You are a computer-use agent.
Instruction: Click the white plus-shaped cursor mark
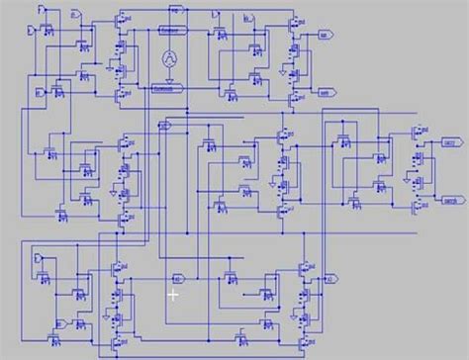pos(173,294)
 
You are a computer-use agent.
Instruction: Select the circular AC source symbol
pos(169,59)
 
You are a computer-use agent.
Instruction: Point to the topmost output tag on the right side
pos(324,34)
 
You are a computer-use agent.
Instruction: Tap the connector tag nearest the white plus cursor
pos(179,278)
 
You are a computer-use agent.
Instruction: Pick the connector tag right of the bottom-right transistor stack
pos(329,278)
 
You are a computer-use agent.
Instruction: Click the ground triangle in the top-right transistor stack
pos(282,71)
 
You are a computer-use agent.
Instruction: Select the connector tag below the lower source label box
pos(165,126)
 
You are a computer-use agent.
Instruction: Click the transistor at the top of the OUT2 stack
pos(417,130)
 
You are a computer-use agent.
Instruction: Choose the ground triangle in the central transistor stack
pos(273,183)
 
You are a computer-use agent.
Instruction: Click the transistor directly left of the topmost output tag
pos(294,24)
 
